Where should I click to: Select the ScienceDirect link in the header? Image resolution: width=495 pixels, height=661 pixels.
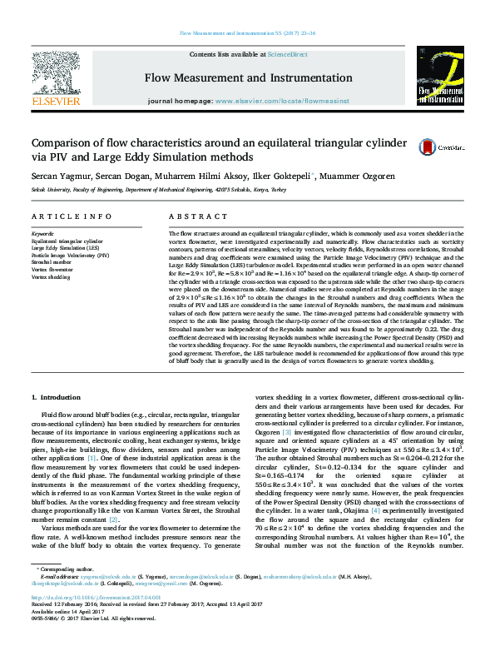287,54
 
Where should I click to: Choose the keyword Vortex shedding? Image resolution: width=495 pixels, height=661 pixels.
52,276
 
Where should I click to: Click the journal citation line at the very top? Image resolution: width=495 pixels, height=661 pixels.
247,32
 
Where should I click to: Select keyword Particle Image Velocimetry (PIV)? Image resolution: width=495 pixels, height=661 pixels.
70,255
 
